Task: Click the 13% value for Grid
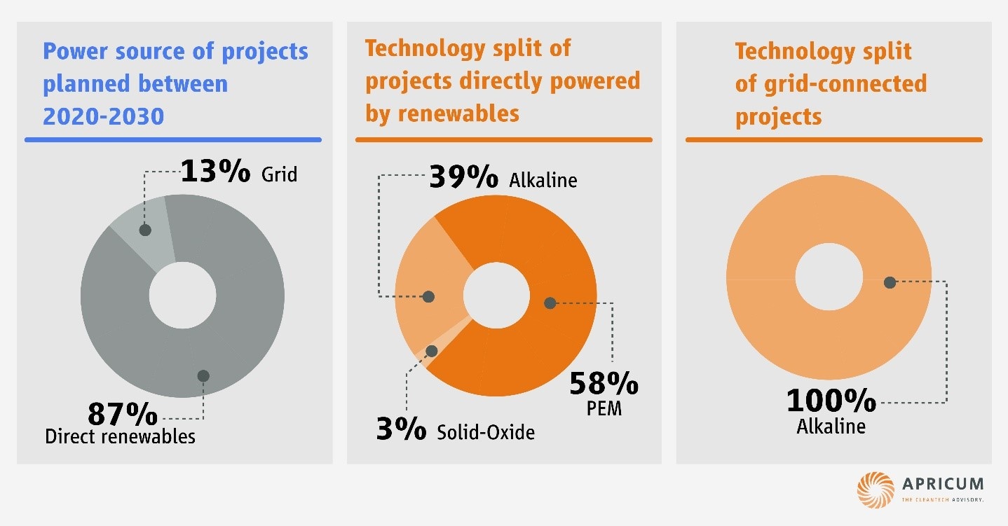214,171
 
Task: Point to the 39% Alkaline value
463,177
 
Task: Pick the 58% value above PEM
603,384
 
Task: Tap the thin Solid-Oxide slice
425,354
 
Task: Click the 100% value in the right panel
831,401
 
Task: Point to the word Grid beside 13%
279,174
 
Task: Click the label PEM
604,408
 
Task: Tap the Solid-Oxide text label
485,432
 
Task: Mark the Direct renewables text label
120,436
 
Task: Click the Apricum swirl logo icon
876,489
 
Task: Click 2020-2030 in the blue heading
104,115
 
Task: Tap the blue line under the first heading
173,140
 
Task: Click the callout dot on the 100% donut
890,282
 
